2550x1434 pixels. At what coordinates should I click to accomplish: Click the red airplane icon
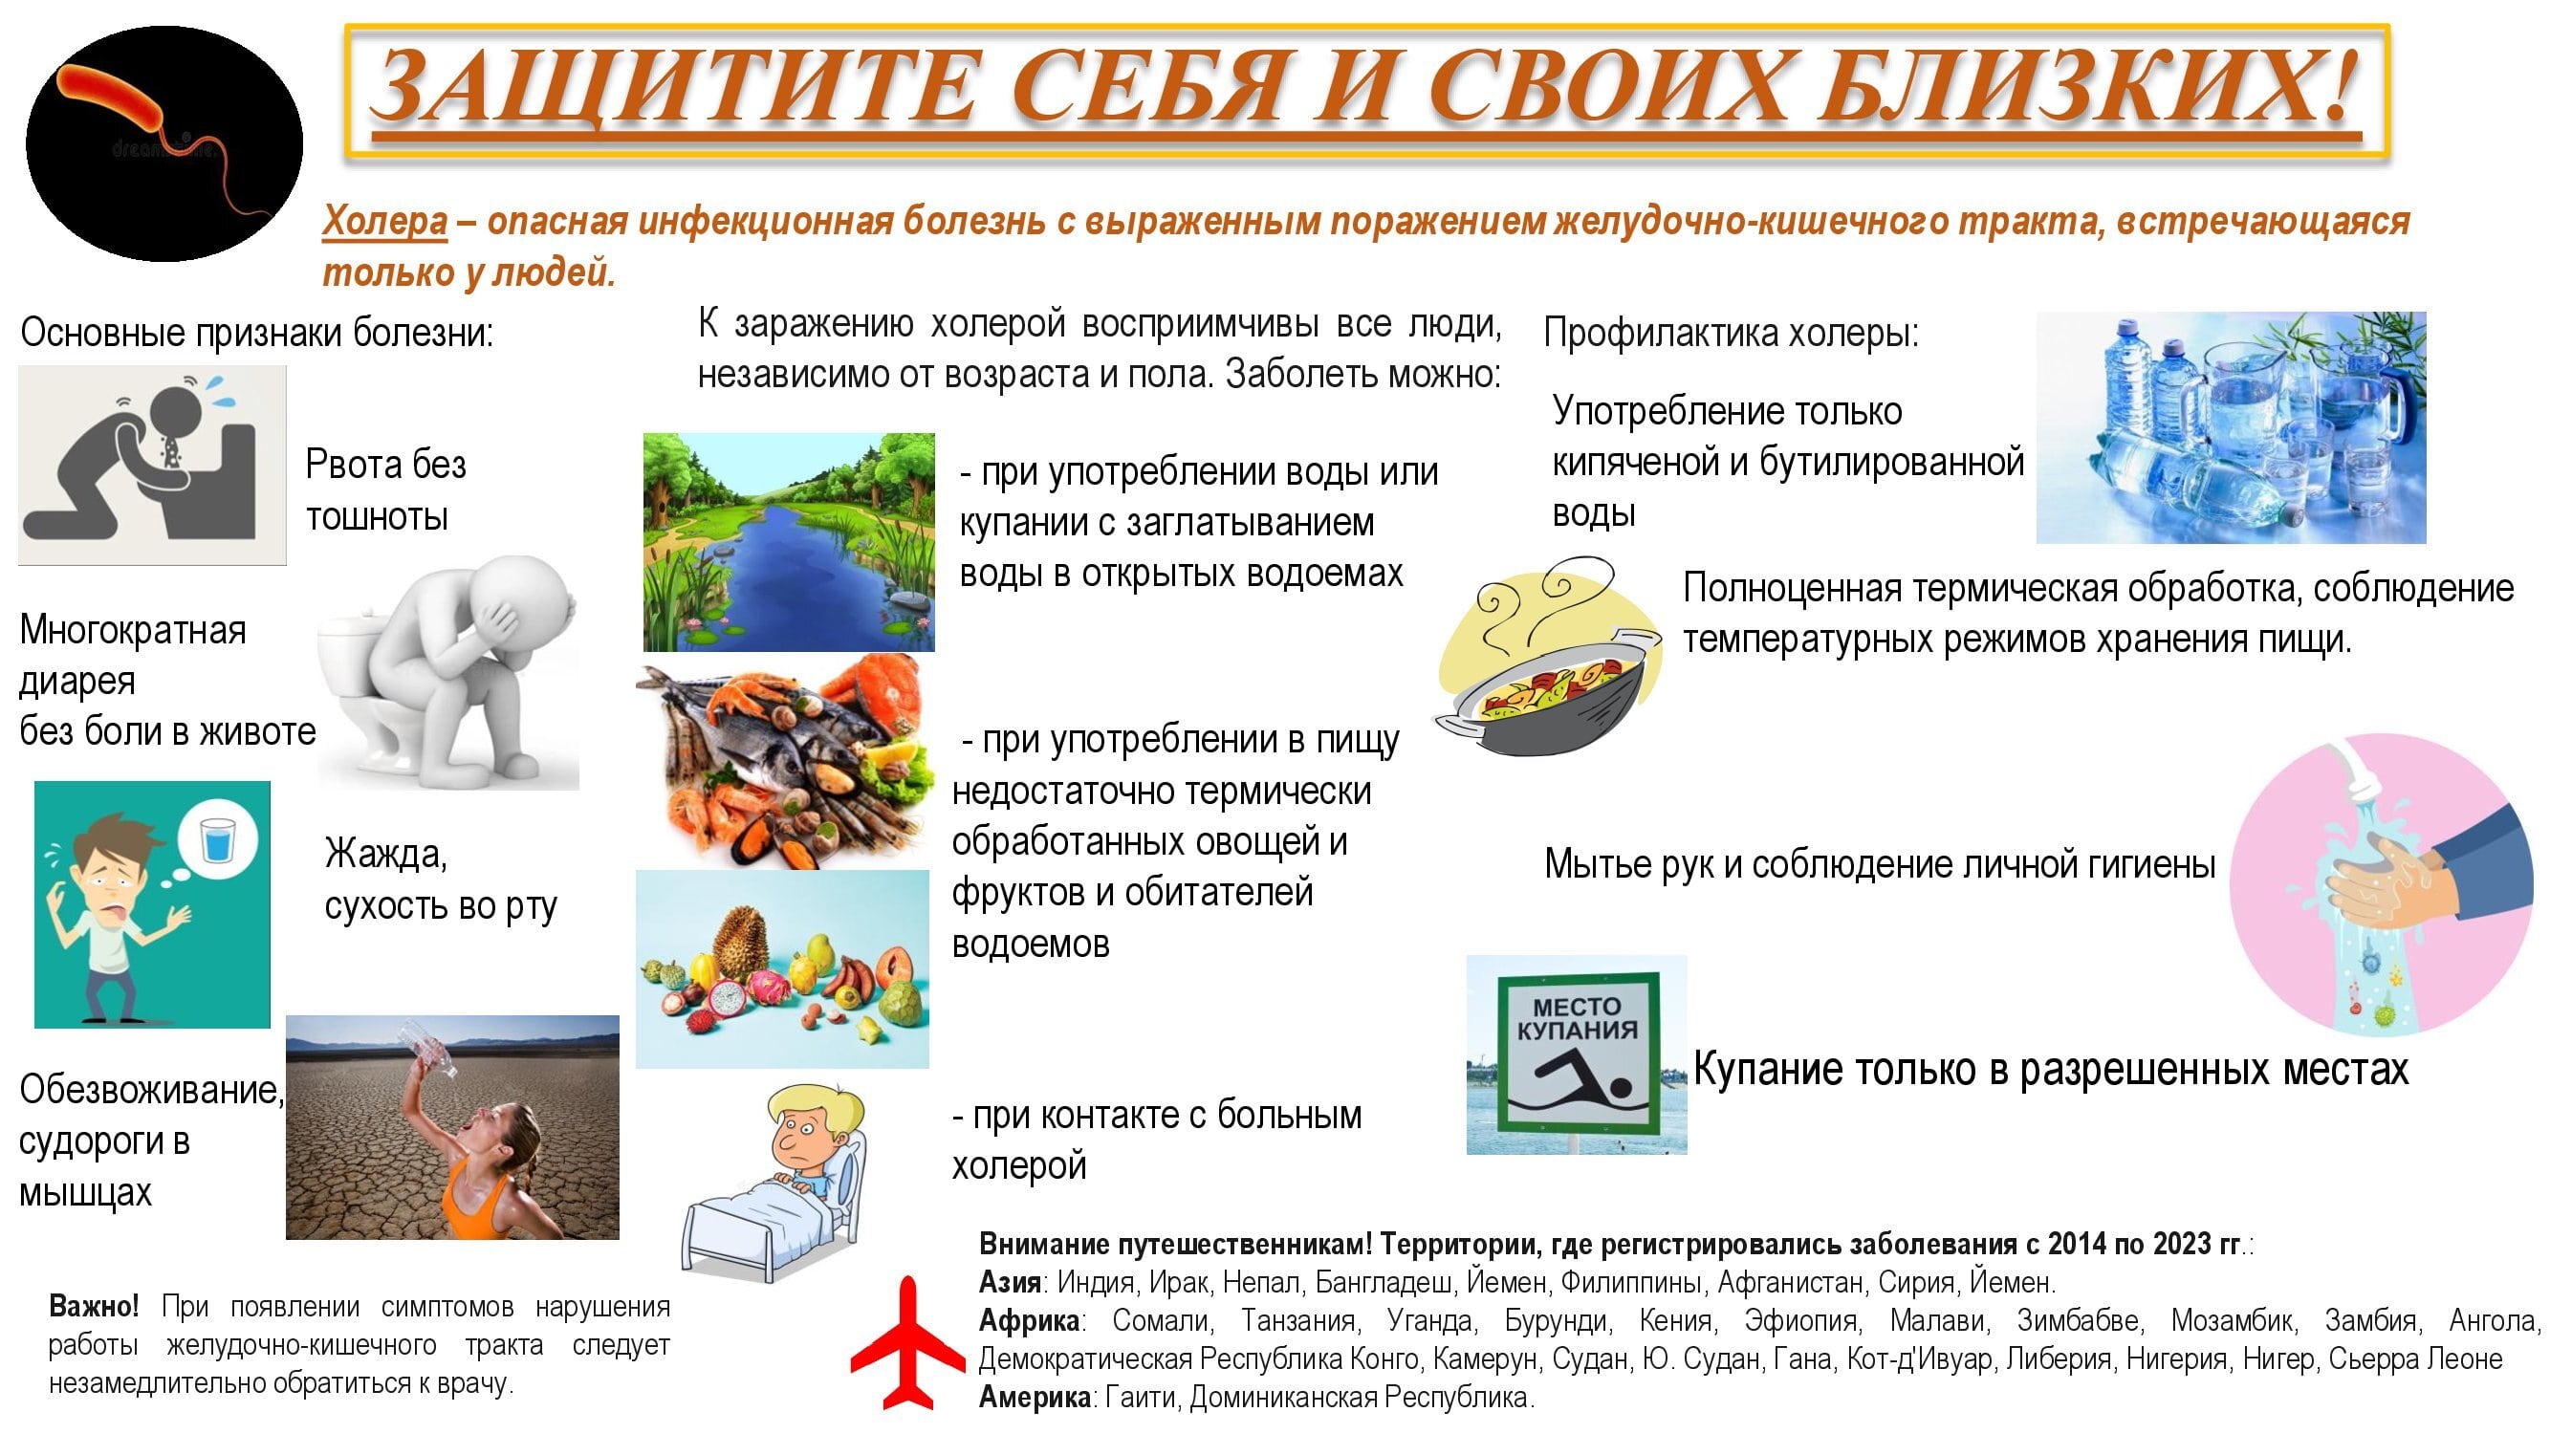(906, 1344)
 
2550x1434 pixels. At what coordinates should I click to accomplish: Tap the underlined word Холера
(385, 221)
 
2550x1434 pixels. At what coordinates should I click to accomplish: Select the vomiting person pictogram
(152, 466)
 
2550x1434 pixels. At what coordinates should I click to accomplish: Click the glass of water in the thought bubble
(215, 840)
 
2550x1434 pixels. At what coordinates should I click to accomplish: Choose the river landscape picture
(789, 542)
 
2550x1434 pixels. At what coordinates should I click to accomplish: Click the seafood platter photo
(785, 762)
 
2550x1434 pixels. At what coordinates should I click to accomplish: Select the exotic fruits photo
(782, 969)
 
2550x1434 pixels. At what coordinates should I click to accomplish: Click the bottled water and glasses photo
(2232, 427)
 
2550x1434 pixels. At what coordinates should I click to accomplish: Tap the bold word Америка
(1035, 1398)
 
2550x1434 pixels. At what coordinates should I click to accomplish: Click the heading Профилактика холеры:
(1732, 334)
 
